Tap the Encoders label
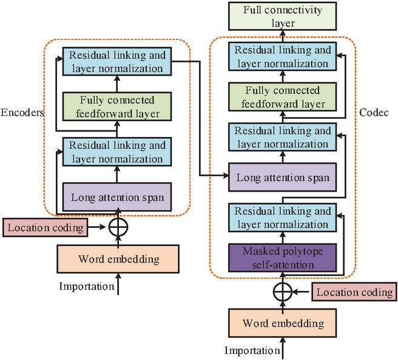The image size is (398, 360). coord(21,113)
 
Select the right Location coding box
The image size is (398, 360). coord(355,293)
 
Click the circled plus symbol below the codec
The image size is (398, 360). coord(280,293)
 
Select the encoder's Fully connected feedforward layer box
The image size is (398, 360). coord(118,107)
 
